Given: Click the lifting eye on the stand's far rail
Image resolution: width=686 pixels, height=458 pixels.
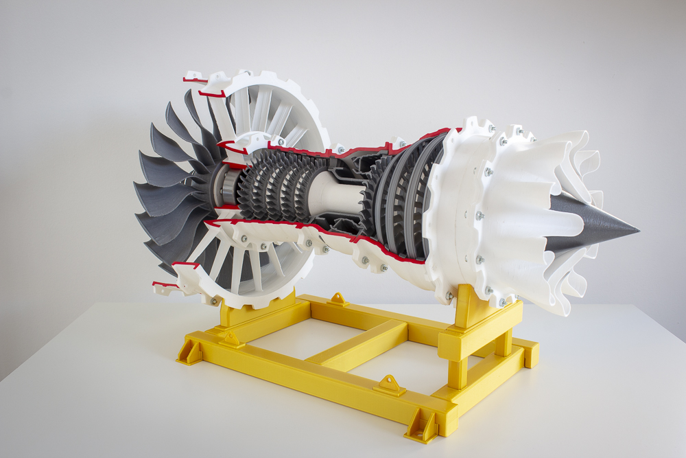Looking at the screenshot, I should [338, 299].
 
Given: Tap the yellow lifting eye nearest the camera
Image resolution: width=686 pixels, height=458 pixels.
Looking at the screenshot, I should [390, 385].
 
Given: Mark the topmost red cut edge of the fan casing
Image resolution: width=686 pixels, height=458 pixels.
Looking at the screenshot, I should [194, 80].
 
